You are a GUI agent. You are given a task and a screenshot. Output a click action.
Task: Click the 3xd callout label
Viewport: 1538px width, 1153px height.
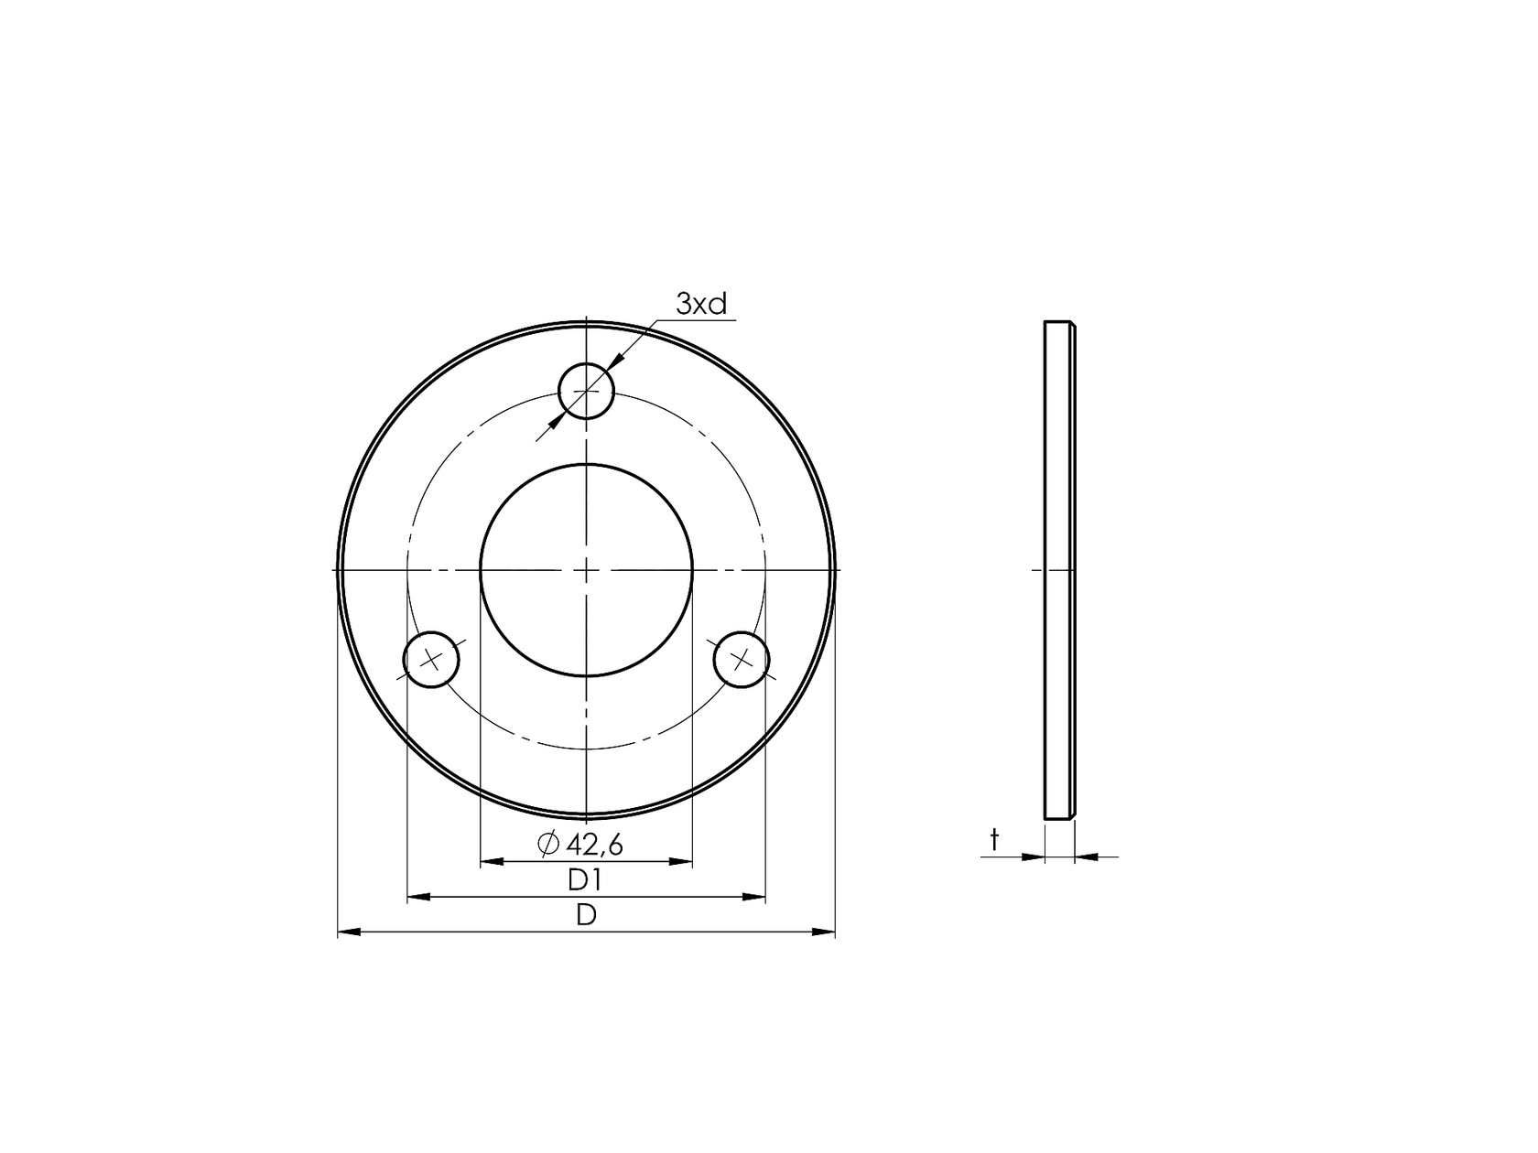(701, 305)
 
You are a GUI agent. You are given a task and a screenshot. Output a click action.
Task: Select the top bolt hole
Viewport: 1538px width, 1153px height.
(586, 391)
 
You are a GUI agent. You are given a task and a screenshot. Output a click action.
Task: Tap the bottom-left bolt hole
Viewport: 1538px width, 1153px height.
(431, 659)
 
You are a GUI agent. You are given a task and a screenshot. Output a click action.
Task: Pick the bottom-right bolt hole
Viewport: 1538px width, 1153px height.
(742, 659)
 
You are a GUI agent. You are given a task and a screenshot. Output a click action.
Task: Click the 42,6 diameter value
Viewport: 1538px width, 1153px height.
(595, 845)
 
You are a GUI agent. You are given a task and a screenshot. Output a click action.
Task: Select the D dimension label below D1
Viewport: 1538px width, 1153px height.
(586, 914)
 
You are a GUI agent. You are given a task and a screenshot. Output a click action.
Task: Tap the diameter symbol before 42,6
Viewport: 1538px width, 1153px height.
(548, 845)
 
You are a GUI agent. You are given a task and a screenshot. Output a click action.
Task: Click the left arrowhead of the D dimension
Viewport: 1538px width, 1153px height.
(349, 932)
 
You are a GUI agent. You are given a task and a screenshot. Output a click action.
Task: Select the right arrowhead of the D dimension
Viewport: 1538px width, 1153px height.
(824, 932)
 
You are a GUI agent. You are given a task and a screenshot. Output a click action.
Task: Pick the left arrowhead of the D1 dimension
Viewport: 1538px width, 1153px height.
(418, 897)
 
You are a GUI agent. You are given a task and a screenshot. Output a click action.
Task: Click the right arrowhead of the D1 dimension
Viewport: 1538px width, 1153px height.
(753, 897)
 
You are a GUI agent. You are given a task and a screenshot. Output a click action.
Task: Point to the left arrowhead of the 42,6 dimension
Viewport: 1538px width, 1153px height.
(492, 861)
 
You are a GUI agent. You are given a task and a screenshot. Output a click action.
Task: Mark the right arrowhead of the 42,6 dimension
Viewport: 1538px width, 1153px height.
(681, 861)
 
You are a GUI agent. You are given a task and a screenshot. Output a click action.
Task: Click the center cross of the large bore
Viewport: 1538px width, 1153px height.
(586, 570)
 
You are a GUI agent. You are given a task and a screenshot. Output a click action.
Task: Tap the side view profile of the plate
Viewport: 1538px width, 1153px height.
(1059, 570)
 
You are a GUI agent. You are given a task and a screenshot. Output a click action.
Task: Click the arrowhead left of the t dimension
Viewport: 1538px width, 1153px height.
(1033, 857)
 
